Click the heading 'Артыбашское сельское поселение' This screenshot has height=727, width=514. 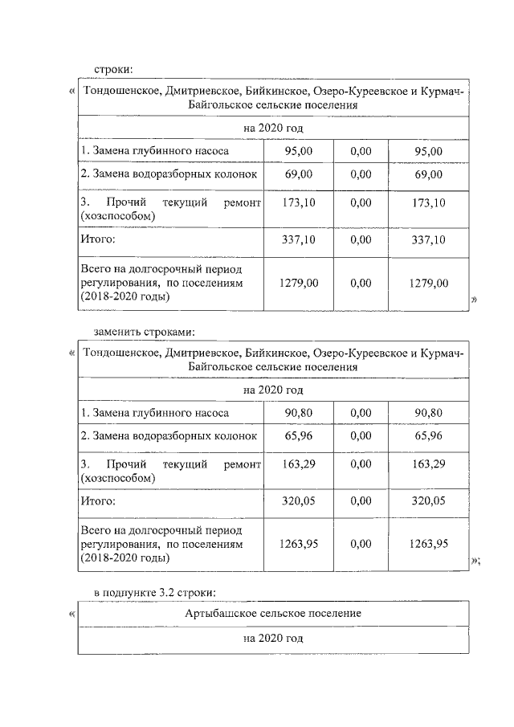[x=273, y=613]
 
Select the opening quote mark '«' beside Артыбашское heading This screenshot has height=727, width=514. [x=72, y=615]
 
